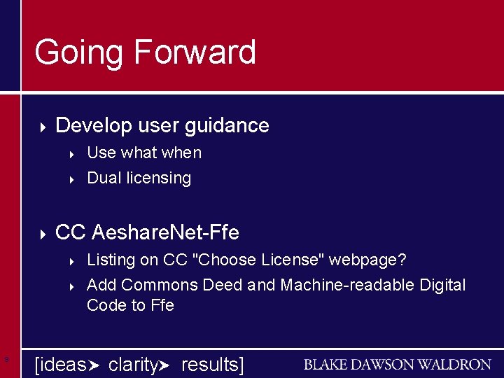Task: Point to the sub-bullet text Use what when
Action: pos(143,153)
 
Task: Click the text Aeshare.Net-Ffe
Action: pos(165,232)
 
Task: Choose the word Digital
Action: pos(442,285)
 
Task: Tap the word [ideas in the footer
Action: pos(61,365)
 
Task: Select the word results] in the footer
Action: pos(212,365)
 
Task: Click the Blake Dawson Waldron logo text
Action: pos(397,365)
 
